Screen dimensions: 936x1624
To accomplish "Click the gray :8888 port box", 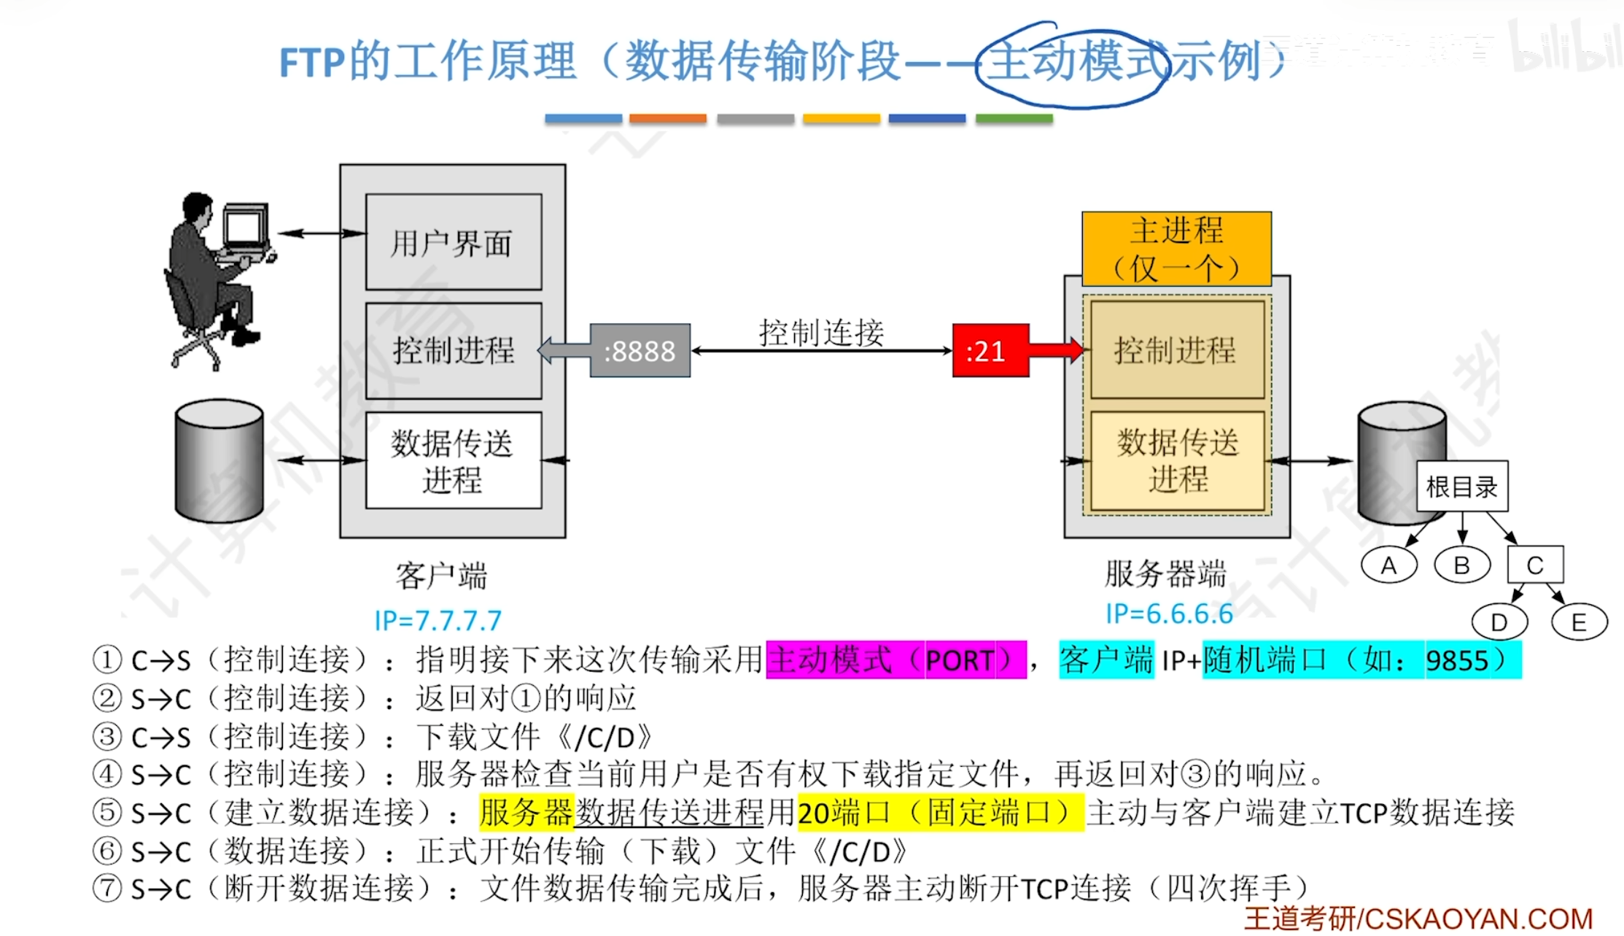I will point(640,351).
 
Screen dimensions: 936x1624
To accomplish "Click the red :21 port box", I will point(990,351).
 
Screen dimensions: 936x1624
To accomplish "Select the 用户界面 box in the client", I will point(453,242).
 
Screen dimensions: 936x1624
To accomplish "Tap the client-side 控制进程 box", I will point(453,351).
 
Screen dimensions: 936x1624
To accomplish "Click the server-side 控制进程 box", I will point(1176,350).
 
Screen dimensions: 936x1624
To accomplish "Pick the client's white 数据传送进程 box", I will point(453,460).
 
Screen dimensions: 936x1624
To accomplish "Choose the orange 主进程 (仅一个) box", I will point(1176,249).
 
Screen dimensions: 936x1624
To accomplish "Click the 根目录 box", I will point(1461,486).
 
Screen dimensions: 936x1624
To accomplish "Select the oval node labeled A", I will point(1388,565).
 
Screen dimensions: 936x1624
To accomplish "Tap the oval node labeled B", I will point(1461,565).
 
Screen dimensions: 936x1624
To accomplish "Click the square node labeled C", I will point(1535,565).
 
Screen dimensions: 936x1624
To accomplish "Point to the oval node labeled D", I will point(1499,622).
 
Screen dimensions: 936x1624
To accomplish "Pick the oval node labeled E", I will point(1579,622).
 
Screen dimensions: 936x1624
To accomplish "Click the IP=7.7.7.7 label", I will point(438,621).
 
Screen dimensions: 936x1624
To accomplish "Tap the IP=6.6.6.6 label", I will point(1169,614).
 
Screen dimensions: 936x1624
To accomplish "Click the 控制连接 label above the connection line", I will point(821,333).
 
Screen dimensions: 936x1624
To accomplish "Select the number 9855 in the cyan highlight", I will point(1456,661).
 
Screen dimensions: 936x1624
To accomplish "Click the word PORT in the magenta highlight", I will point(959,661).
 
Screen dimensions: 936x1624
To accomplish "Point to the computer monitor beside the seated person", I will point(244,228).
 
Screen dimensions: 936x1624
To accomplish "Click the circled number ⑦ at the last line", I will point(107,889).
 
